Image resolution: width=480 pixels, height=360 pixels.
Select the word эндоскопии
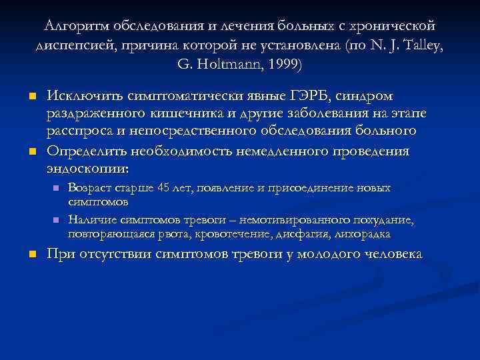pos(88,168)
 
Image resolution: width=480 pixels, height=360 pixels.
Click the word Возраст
pos(89,189)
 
